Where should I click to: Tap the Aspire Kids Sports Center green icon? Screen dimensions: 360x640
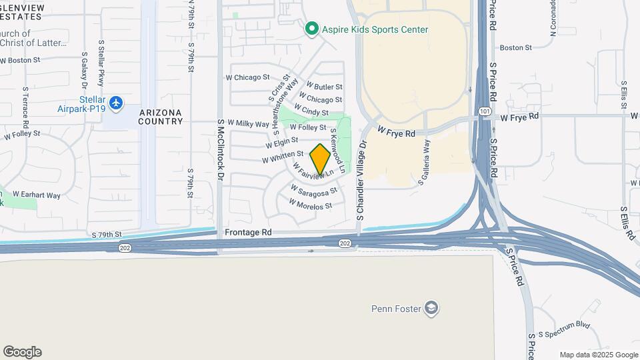pos(311,29)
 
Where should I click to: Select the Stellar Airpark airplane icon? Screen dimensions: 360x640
pos(117,103)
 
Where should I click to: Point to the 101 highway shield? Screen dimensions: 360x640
pos(489,115)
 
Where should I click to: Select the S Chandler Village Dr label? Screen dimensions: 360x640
pos(362,181)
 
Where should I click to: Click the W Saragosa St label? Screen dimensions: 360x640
pos(313,193)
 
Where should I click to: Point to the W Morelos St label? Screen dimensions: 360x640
pos(310,207)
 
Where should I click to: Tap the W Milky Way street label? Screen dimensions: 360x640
pos(248,123)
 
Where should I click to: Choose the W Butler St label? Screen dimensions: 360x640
pos(324,87)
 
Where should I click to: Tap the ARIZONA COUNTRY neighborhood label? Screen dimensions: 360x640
pos(161,117)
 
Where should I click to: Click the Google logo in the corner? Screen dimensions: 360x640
pos(22,351)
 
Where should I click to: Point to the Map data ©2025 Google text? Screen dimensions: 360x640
pos(598,355)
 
